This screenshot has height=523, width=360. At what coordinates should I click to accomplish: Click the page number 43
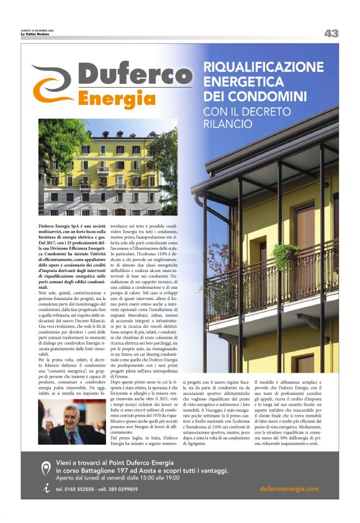coord(331,34)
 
